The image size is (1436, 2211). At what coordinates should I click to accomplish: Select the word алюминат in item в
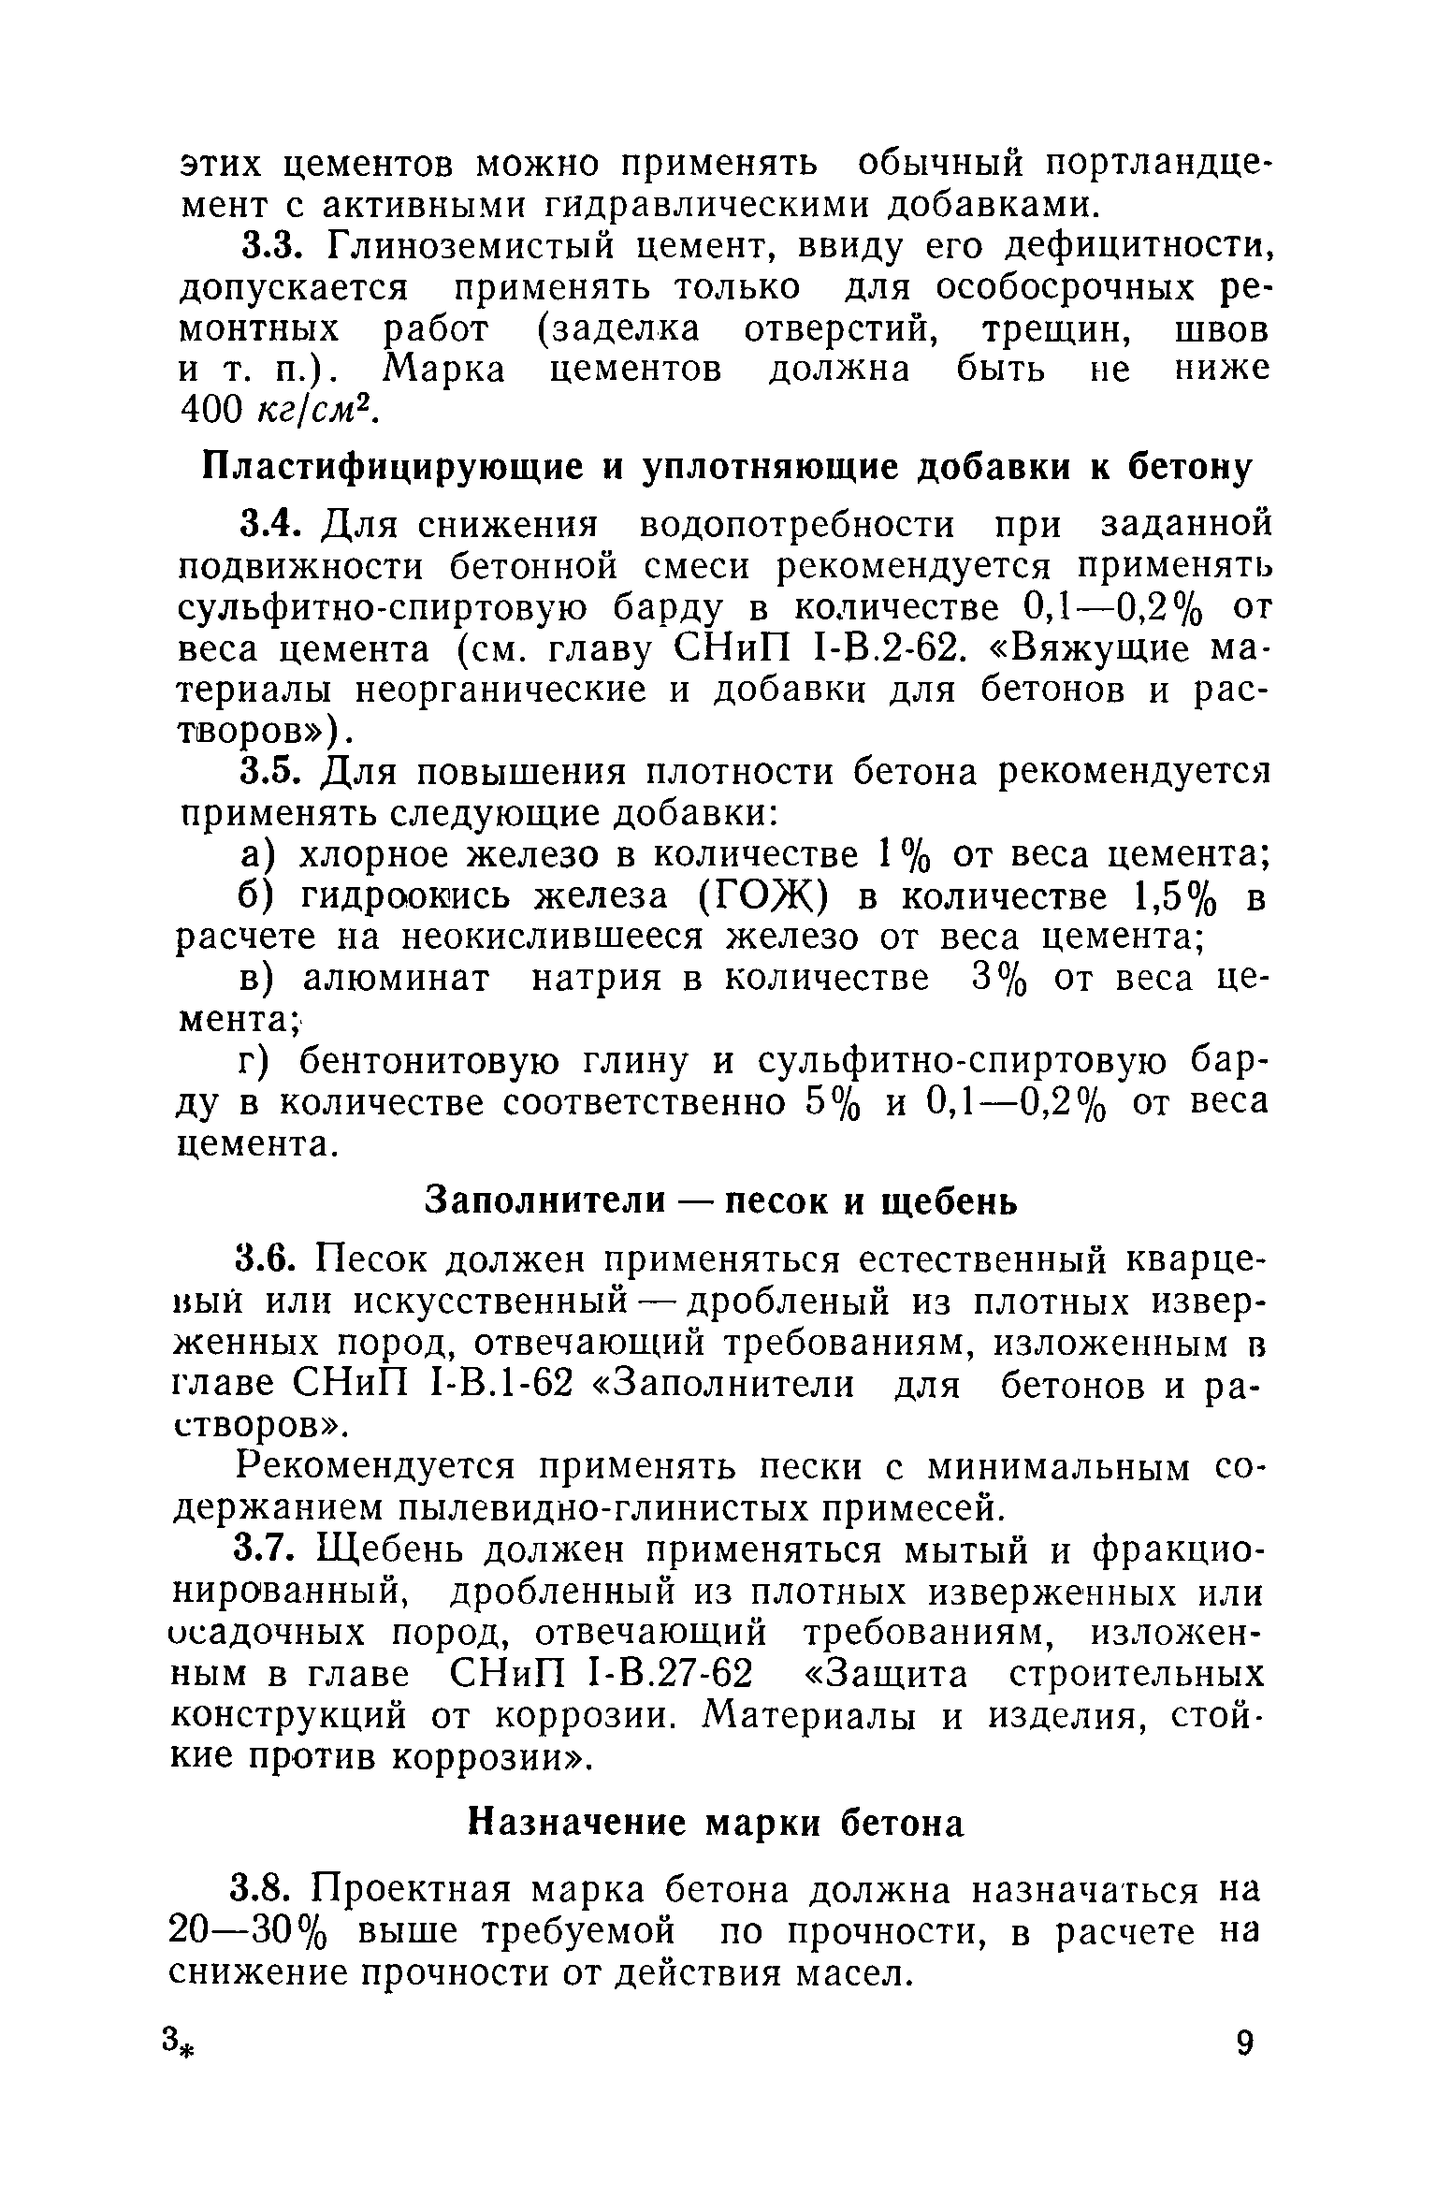tap(393, 979)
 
